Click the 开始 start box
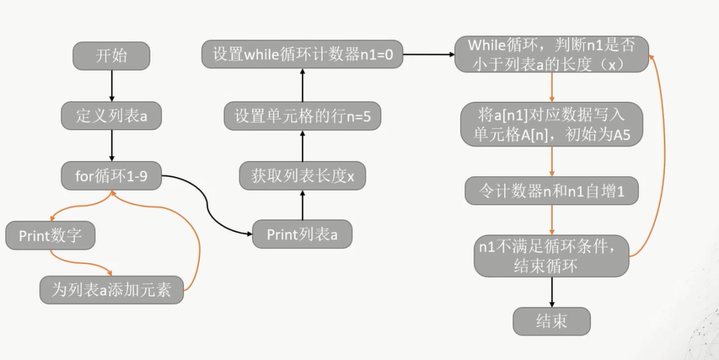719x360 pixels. (111, 56)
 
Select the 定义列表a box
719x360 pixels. (111, 116)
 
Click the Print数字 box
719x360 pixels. (50, 234)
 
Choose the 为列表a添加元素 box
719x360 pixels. (111, 289)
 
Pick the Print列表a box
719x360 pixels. (302, 234)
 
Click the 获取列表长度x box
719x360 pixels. (302, 176)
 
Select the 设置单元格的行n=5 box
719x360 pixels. (302, 116)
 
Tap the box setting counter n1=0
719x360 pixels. (303, 56)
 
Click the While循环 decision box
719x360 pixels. (551, 55)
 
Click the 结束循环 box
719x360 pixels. (551, 255)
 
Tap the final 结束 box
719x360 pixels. (551, 320)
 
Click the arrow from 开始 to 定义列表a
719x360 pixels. (111, 86)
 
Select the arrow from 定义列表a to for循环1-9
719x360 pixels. (111, 145)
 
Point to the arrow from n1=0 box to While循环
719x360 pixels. (429, 56)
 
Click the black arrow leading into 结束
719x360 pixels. (551, 291)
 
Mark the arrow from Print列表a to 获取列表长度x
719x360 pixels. (302, 205)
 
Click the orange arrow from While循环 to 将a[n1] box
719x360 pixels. (551, 88)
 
